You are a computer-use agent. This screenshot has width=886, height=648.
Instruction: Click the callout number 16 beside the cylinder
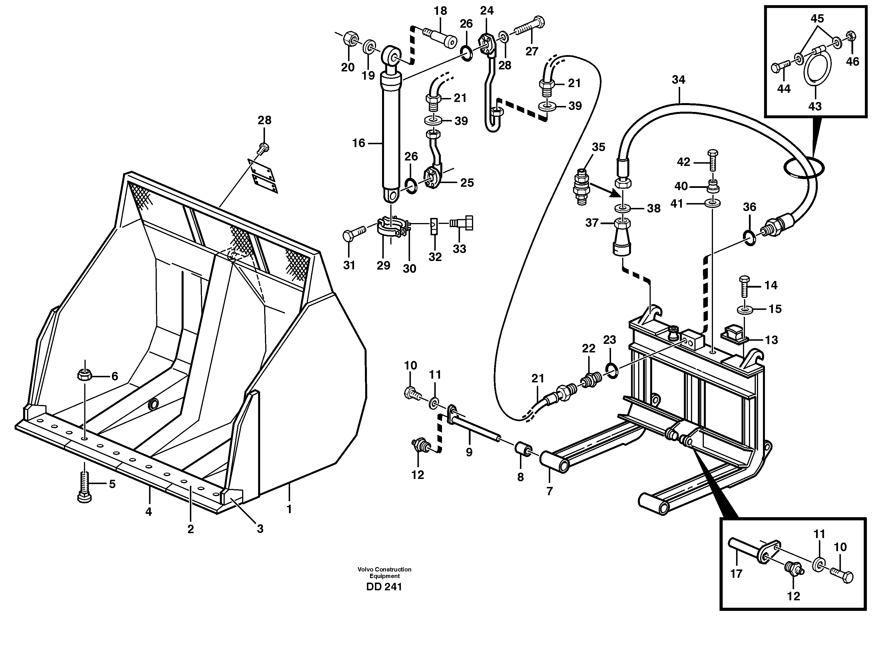358,143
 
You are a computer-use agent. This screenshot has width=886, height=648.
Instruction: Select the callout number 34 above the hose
678,80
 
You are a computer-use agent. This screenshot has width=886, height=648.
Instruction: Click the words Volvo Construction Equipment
384,572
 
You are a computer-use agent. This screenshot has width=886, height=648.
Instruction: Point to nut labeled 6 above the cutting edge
84,375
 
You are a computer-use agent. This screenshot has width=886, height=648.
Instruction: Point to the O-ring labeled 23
611,371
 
